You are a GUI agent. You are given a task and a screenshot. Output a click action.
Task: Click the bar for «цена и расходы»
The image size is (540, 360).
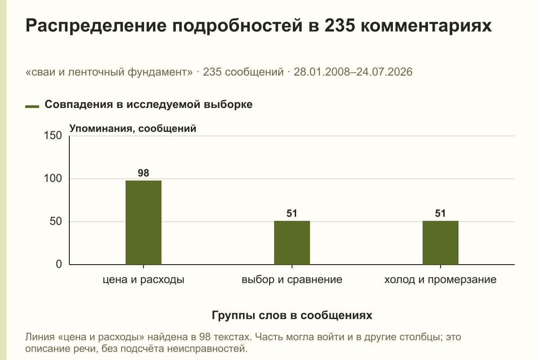tap(144, 222)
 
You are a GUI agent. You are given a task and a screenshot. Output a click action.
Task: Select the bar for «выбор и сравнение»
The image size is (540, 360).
tap(292, 243)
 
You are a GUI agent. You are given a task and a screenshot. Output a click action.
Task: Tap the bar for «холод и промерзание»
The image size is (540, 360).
tap(441, 243)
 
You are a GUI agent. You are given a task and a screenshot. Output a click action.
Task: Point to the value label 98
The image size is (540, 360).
tap(144, 173)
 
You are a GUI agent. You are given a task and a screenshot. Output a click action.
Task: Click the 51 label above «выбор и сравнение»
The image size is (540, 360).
tap(292, 213)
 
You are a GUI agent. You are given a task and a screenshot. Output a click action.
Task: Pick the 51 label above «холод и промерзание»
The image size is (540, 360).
tap(440, 213)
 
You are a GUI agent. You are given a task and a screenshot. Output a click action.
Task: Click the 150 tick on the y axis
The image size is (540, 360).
tap(53, 135)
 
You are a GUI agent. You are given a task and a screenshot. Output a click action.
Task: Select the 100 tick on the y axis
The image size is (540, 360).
tap(53, 179)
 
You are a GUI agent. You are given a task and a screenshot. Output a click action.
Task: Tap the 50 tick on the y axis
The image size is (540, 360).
tap(56, 221)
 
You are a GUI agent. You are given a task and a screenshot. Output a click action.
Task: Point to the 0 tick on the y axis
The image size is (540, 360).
tap(59, 264)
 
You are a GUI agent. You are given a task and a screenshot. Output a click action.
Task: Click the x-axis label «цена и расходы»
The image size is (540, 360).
tap(144, 280)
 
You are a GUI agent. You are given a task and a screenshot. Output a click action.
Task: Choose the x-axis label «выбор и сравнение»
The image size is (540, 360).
tap(292, 280)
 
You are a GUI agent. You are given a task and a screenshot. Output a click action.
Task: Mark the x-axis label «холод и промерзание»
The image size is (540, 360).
tap(441, 280)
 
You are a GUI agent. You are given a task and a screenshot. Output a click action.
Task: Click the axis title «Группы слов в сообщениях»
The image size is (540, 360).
tap(292, 315)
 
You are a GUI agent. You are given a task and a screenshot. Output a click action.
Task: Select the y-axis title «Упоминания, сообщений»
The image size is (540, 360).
tap(133, 129)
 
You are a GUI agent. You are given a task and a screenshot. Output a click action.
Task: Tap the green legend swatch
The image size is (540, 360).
tap(32, 107)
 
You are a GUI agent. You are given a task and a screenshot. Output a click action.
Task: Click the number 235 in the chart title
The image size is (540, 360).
tap(340, 25)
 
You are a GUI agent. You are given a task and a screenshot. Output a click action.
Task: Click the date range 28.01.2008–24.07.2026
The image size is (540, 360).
tap(353, 72)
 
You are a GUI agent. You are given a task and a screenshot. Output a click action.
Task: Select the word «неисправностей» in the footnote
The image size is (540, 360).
tap(207, 349)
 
